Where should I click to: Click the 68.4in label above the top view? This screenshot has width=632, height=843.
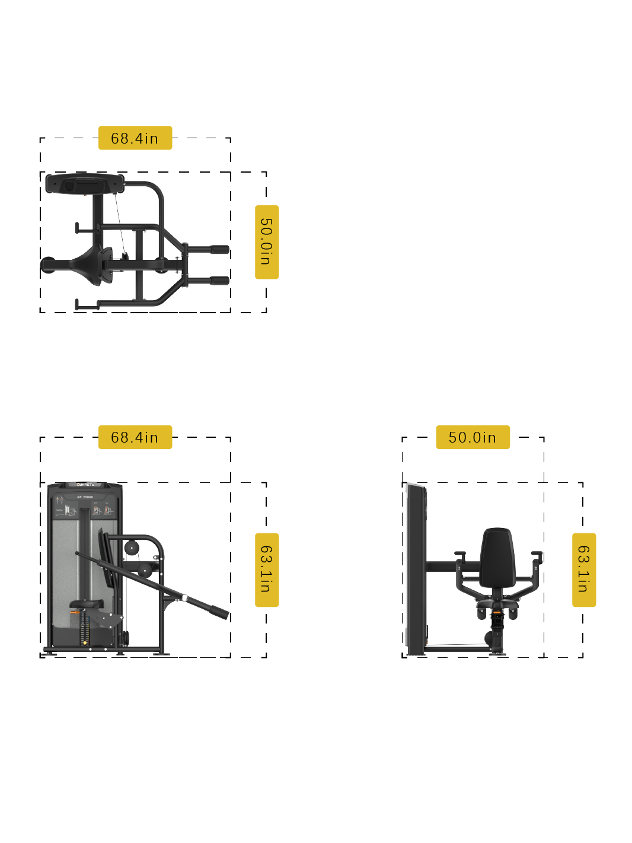pyautogui.click(x=135, y=138)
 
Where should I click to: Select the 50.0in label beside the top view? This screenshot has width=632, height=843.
pyautogui.click(x=267, y=242)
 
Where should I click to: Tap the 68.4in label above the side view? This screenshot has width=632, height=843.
pyautogui.click(x=135, y=437)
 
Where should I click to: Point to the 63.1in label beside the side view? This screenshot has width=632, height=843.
pyautogui.click(x=267, y=570)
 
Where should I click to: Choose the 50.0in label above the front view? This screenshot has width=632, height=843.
pyautogui.click(x=473, y=437)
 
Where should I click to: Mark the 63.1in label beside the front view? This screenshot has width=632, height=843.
pyautogui.click(x=584, y=570)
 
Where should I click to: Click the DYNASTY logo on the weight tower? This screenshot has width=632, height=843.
pyautogui.click(x=85, y=485)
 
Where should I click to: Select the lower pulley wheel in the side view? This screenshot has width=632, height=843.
pyautogui.click(x=145, y=571)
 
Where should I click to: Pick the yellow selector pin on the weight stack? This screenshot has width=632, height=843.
pyautogui.click(x=85, y=642)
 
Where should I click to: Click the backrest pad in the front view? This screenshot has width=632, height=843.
pyautogui.click(x=497, y=556)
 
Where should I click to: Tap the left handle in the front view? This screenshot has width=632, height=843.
pyautogui.click(x=460, y=555)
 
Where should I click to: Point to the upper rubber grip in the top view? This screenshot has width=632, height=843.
pyautogui.click(x=219, y=250)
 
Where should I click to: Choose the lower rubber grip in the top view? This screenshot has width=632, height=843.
pyautogui.click(x=219, y=280)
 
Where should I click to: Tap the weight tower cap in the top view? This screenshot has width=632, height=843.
pyautogui.click(x=85, y=183)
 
